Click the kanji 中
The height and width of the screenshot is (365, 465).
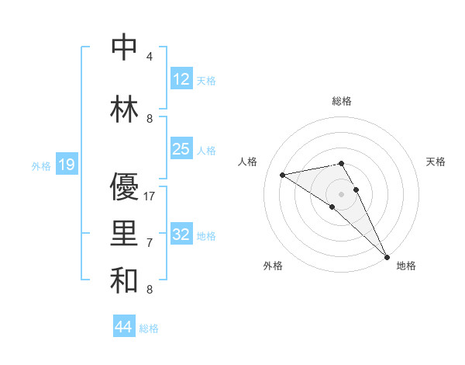pyautogui.click(x=125, y=47)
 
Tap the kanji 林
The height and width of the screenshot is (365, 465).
pyautogui.click(x=125, y=109)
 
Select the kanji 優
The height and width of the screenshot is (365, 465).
pyautogui.click(x=125, y=187)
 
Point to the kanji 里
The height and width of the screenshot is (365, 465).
pyautogui.click(x=125, y=234)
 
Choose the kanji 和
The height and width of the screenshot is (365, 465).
pyautogui.click(x=125, y=280)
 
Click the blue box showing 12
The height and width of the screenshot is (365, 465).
pyautogui.click(x=181, y=79)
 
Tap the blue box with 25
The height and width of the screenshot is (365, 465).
pyautogui.click(x=181, y=149)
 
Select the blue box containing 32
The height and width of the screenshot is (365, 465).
pyautogui.click(x=181, y=235)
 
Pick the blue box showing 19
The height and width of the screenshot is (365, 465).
pyautogui.click(x=66, y=165)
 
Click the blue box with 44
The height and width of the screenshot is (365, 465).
pyautogui.click(x=123, y=327)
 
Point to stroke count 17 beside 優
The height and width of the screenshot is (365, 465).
pyautogui.click(x=150, y=196)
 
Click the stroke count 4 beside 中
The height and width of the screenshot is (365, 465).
pyautogui.click(x=150, y=57)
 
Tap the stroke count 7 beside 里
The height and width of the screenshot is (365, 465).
pyautogui.click(x=150, y=243)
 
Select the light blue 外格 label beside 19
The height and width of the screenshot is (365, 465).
pyautogui.click(x=40, y=165)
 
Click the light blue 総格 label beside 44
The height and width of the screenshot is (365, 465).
pyautogui.click(x=149, y=328)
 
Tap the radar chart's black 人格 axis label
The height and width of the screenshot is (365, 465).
pyautogui.click(x=248, y=162)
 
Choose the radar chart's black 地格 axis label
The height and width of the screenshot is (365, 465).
pyautogui.click(x=406, y=266)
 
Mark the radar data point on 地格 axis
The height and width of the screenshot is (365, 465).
pyautogui.click(x=387, y=256)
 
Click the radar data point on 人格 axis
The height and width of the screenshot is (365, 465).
pyautogui.click(x=283, y=175)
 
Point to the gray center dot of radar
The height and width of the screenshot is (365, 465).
pyautogui.click(x=341, y=193)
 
